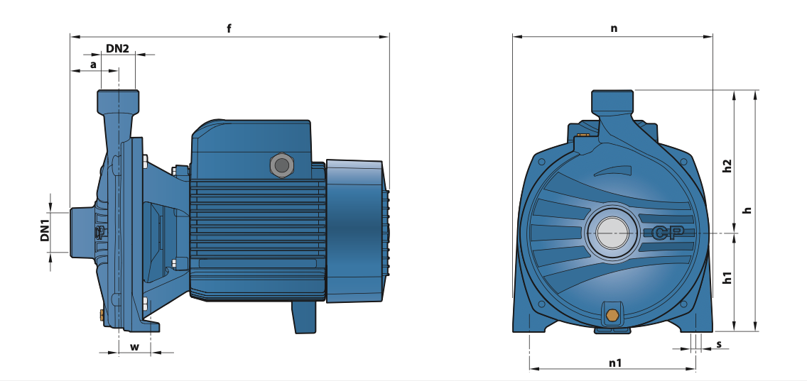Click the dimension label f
pos(229,28)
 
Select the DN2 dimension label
pos(117,48)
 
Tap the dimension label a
pos(93,65)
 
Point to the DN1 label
pos(45,231)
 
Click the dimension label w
pos(134,346)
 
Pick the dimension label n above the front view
pos(614,29)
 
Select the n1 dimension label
pos(615,363)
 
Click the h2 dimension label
pos(727,165)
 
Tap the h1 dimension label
pos(727,277)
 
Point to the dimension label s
pos(719,344)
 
